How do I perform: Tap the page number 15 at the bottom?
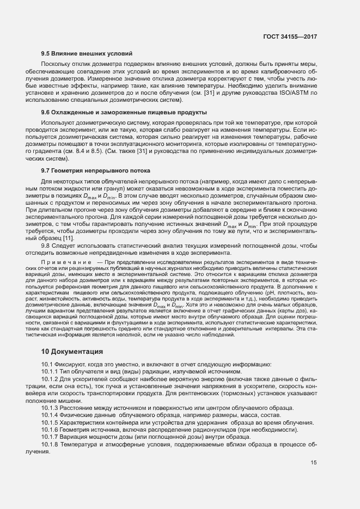(313, 463)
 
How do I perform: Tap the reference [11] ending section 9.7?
(68, 238)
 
